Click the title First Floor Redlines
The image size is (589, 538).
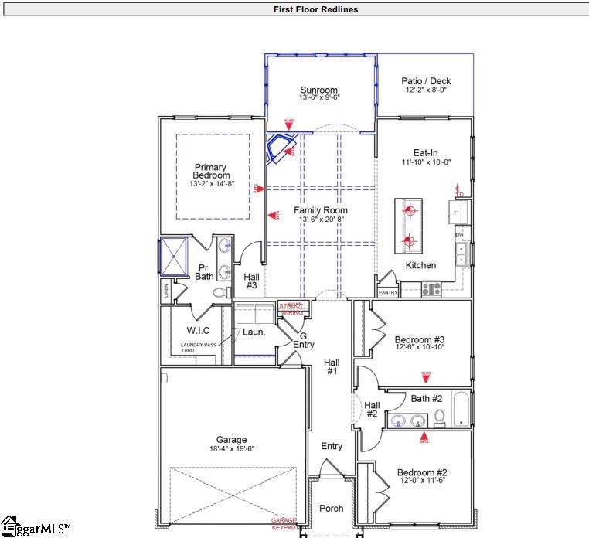(x=315, y=10)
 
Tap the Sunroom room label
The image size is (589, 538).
(x=319, y=90)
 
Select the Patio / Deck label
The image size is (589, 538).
(x=426, y=81)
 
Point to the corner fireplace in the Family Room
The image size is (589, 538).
(x=280, y=148)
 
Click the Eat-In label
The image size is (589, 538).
(x=425, y=153)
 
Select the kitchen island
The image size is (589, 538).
(x=409, y=226)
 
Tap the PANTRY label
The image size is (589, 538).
(x=387, y=293)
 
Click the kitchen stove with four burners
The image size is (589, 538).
(x=431, y=289)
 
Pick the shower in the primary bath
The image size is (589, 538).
(x=173, y=257)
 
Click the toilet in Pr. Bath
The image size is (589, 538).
(x=220, y=292)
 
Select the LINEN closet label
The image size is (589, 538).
(x=165, y=292)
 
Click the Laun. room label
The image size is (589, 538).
(x=254, y=332)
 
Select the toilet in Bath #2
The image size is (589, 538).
(x=440, y=418)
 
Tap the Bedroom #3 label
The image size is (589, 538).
(x=419, y=339)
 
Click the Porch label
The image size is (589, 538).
(x=332, y=508)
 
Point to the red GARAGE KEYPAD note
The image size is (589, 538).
(x=284, y=524)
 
